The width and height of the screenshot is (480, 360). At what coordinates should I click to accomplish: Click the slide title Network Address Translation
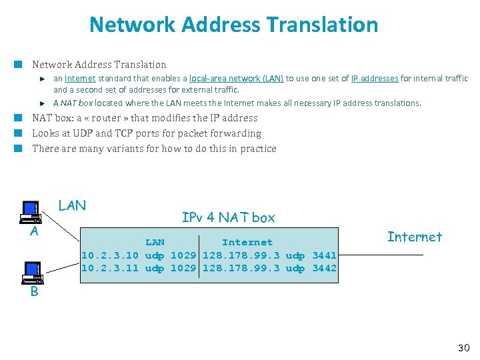coord(233,25)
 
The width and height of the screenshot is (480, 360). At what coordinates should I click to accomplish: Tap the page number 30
coord(464,347)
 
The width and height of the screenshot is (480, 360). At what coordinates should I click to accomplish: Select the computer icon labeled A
coord(31,212)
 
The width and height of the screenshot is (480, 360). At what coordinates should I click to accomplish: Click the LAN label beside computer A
coord(72,205)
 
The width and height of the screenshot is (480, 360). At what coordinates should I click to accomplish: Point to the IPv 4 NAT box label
coord(228,217)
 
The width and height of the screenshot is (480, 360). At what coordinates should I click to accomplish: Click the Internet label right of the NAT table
coord(415,237)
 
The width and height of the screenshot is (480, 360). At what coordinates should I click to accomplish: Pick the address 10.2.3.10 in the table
coord(110,255)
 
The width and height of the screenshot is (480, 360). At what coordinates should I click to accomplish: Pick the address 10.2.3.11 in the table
coord(110,268)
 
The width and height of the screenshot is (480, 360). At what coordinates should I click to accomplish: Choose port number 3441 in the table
coord(324,255)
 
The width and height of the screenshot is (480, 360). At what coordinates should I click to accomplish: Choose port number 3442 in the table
coord(324,268)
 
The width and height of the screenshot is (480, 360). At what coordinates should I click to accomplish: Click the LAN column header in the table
coord(155,242)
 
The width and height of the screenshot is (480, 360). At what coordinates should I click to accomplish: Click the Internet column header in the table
coord(247,242)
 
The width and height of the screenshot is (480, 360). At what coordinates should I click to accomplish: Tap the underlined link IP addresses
coord(375,79)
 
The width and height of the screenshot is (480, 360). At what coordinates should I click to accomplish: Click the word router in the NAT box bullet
coord(107,118)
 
